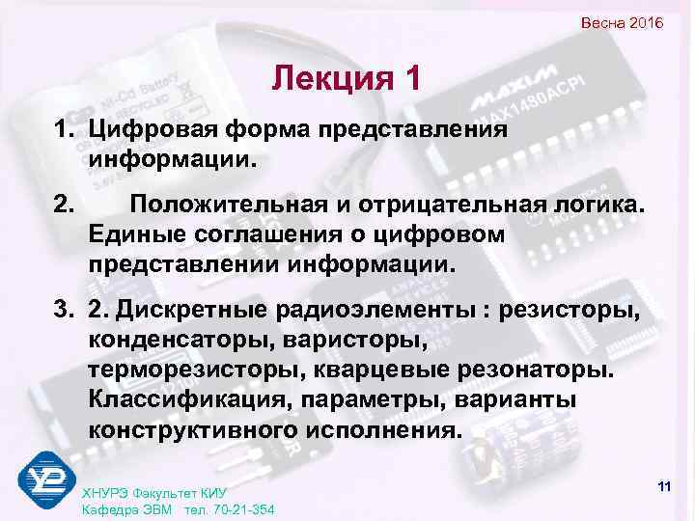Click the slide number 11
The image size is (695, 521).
662,485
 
